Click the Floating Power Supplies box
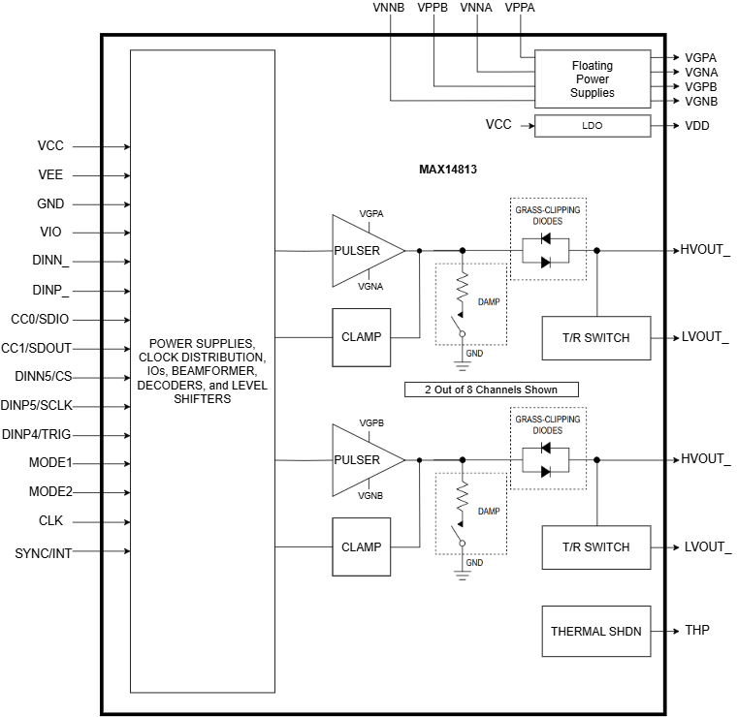pos(592,79)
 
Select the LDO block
pos(592,126)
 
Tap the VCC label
pos(498,125)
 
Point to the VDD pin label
pos(697,126)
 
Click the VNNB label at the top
pos(389,8)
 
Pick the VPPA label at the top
pos(520,8)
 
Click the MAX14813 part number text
pos(447,170)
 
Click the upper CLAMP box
pos(362,337)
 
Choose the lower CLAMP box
pos(362,546)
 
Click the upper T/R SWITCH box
pos(595,338)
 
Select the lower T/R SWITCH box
pos(595,547)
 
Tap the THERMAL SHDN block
pos(595,632)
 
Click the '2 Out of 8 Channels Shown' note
pos(493,390)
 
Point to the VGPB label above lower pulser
pos(370,423)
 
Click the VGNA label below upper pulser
pos(370,286)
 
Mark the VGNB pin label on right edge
pos(701,102)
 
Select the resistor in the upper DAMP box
pos(463,287)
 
